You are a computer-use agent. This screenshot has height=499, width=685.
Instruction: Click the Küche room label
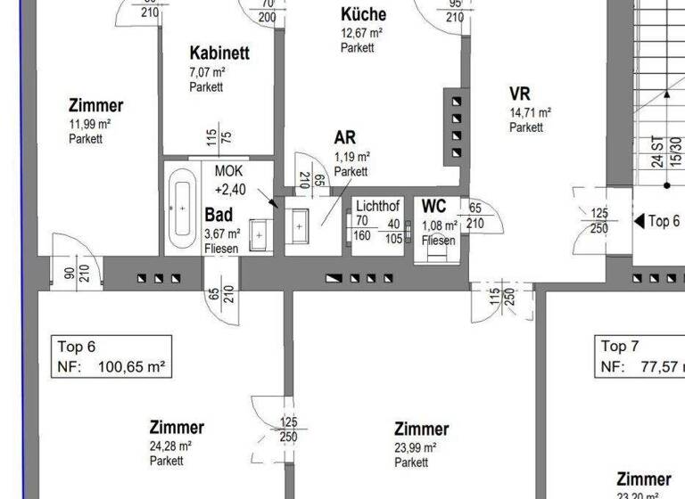(x=364, y=14)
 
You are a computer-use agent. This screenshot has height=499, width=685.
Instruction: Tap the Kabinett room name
(x=219, y=53)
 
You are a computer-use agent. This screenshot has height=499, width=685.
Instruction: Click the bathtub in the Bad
(x=183, y=206)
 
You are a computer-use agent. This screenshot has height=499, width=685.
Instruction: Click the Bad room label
(x=219, y=215)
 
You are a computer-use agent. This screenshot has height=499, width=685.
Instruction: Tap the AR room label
(x=345, y=138)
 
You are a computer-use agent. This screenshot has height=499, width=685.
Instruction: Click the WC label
(x=434, y=207)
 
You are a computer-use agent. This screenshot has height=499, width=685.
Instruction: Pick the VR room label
(x=520, y=94)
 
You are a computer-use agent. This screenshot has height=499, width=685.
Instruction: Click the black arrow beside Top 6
(x=639, y=221)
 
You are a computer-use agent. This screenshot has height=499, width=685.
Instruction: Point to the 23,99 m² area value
(x=415, y=448)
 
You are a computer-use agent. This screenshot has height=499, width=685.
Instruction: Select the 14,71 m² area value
(x=530, y=113)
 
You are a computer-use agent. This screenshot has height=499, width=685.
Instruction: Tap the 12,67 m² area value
(x=361, y=33)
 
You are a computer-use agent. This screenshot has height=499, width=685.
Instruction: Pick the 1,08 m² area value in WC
(x=440, y=225)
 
